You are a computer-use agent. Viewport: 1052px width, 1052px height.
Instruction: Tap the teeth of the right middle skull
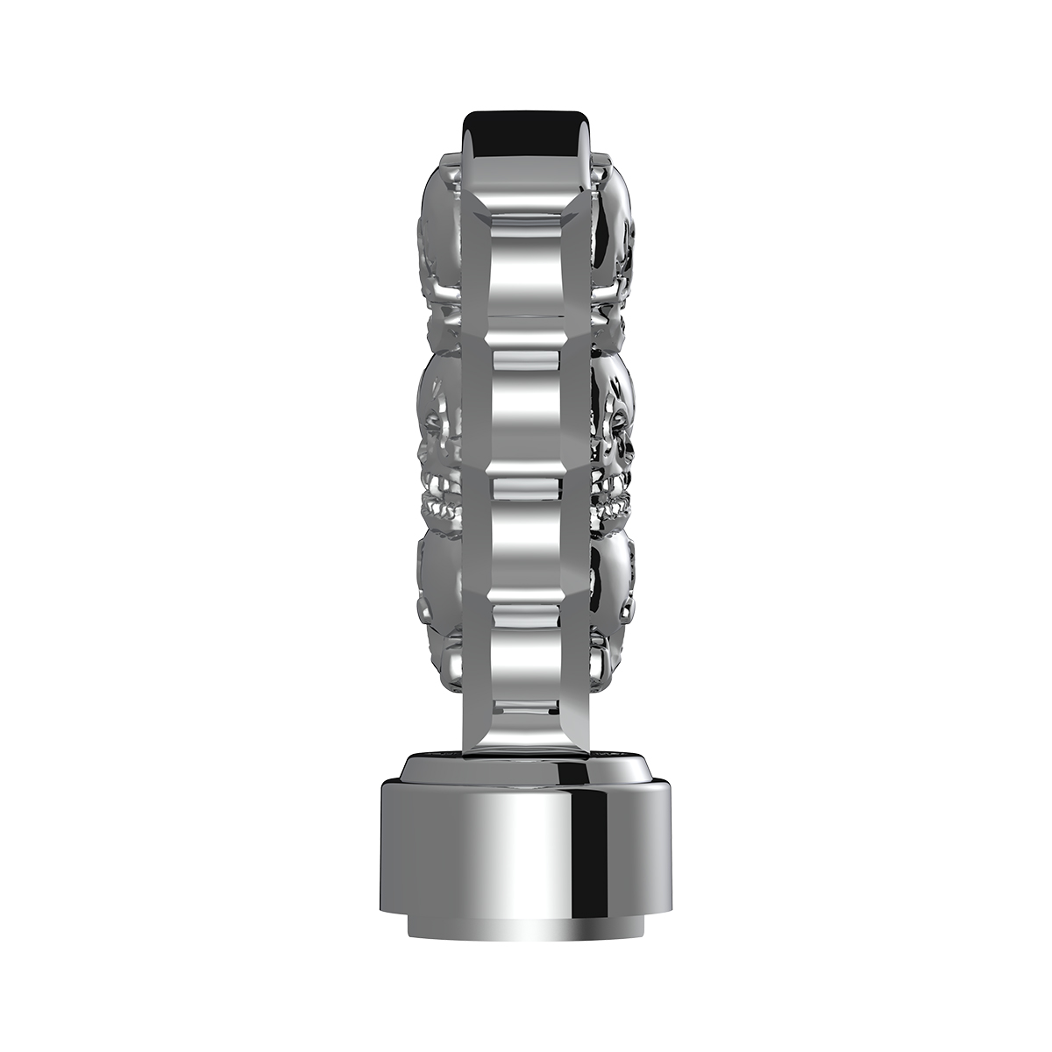pyautogui.click(x=611, y=505)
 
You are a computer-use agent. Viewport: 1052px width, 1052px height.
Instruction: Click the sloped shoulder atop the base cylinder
pyautogui.click(x=526, y=771)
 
